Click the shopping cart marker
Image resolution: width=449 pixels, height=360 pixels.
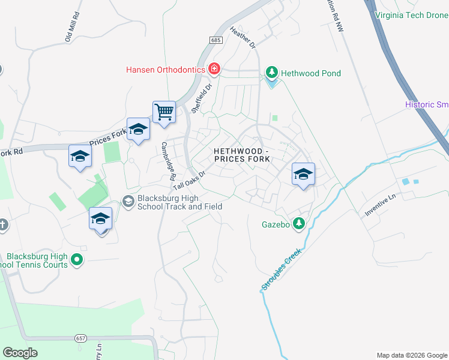pos(164,112)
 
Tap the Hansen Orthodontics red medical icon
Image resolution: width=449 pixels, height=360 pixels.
pos(214,70)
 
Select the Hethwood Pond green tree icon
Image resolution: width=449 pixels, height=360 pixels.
pos(272,73)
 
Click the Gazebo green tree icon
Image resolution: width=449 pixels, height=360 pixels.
pos(298,224)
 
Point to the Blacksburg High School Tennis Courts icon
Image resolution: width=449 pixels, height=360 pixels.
pos(76,260)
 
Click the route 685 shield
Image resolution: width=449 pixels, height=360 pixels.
pos(217,40)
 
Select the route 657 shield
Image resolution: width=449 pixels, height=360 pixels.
pos(81,338)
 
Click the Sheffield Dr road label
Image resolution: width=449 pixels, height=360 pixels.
pos(202,98)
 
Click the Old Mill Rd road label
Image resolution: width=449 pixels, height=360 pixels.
pos(72,26)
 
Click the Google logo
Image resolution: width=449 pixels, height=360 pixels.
pos(20,353)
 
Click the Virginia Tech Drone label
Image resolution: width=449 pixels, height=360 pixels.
pos(411,15)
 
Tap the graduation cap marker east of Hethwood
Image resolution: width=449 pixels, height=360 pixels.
pos(303,175)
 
